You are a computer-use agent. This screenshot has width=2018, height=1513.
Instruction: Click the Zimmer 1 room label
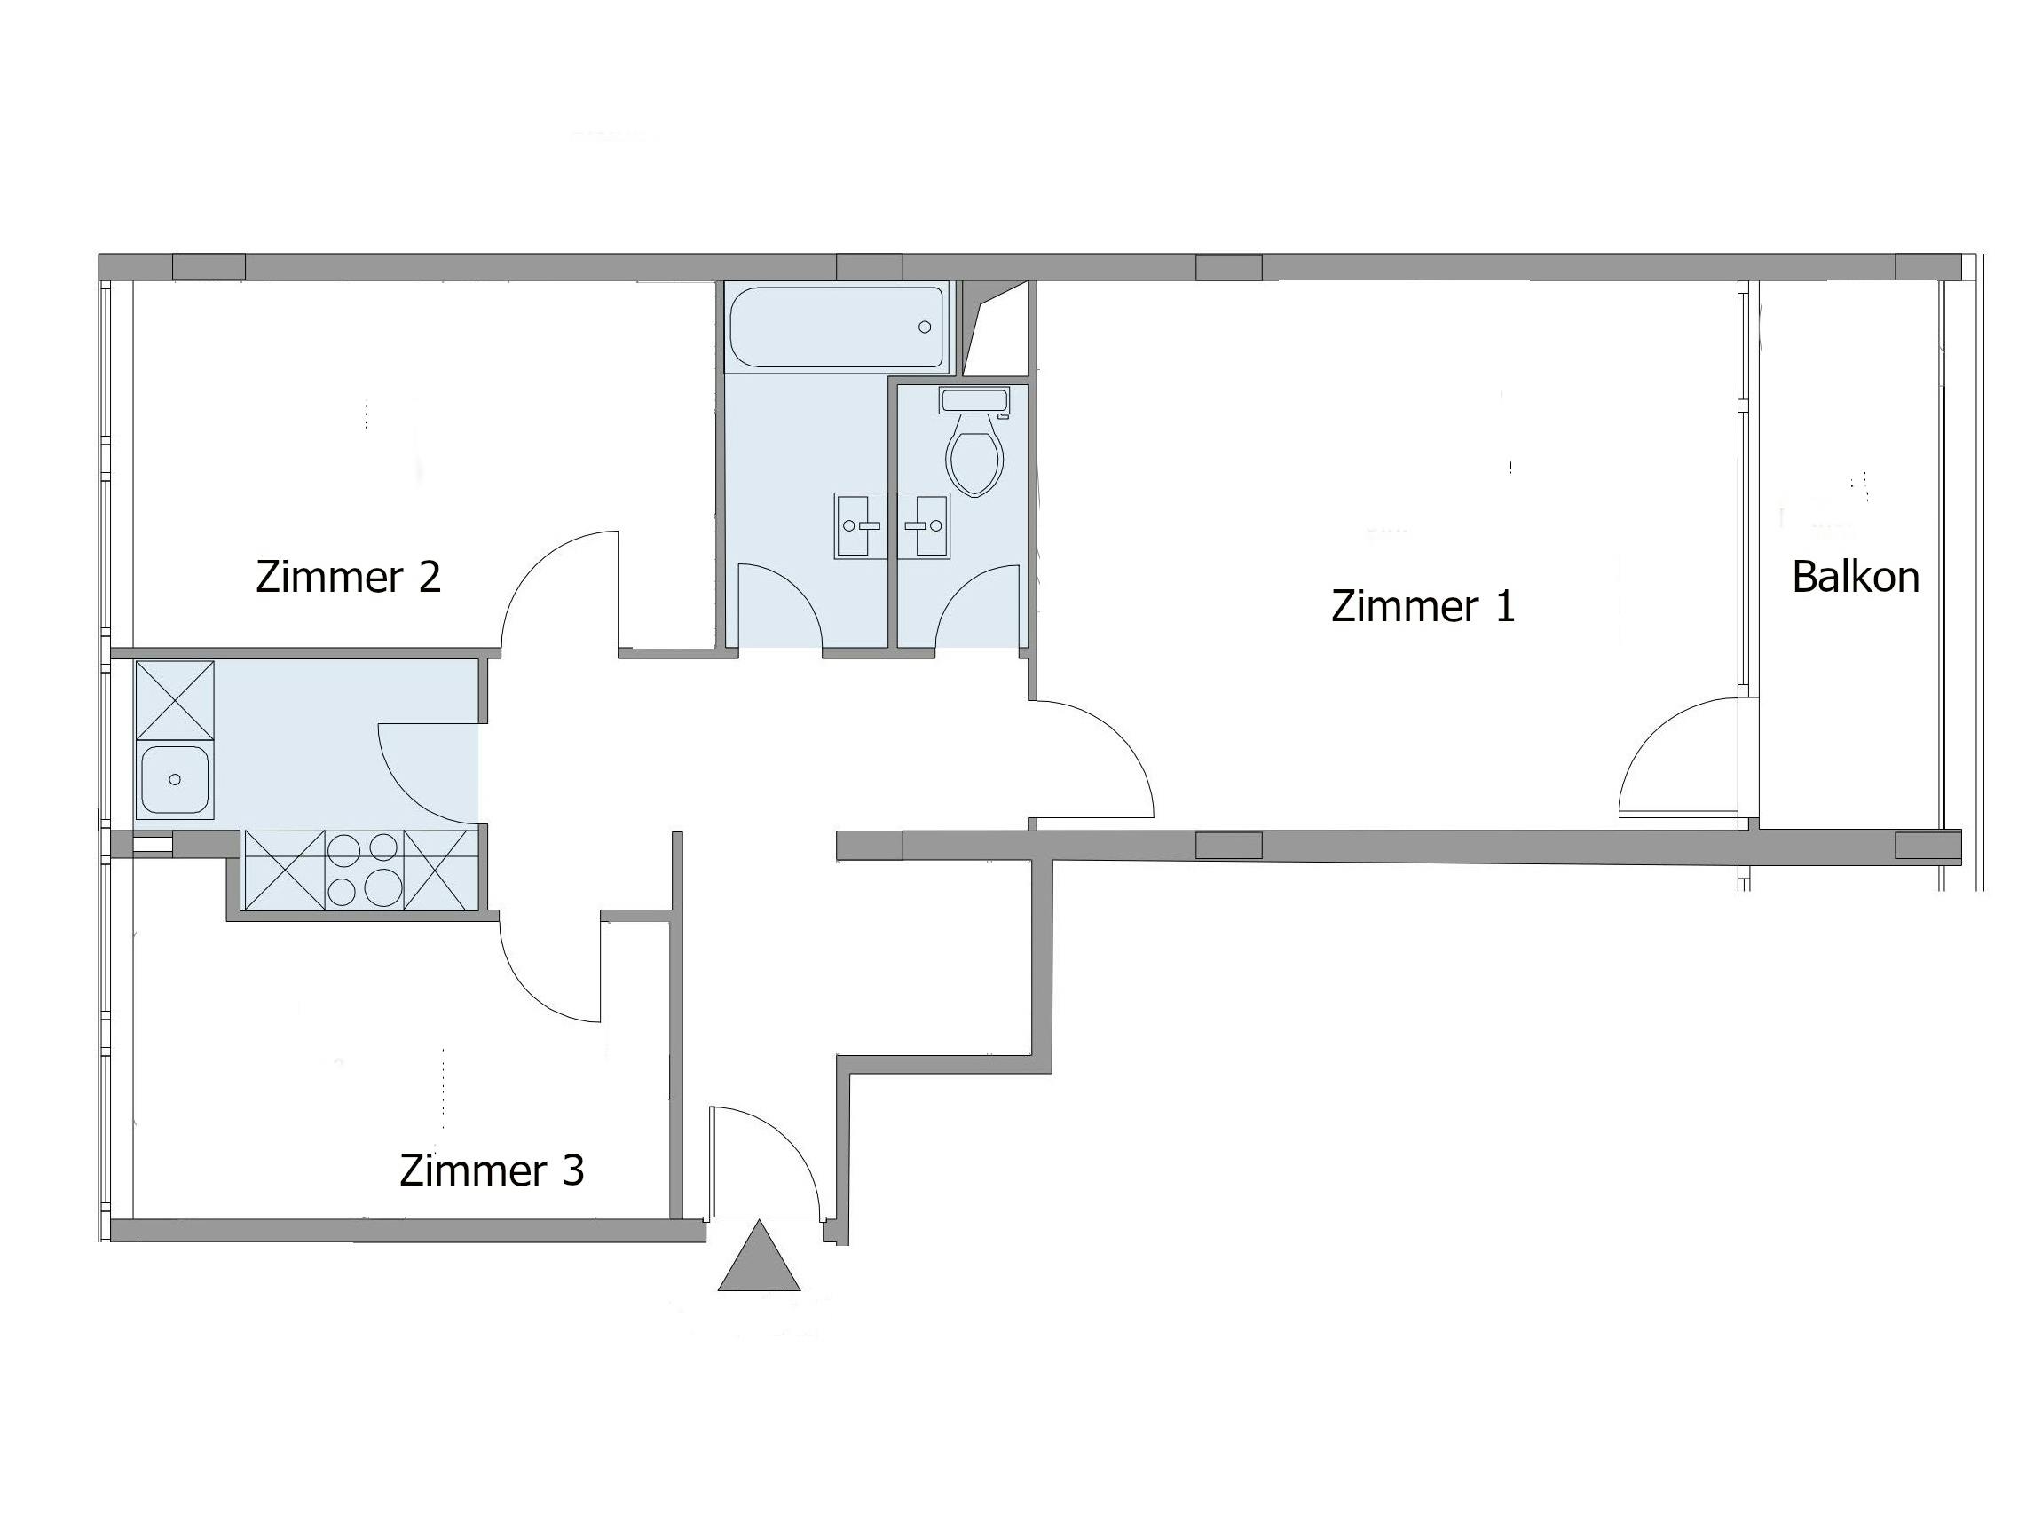pos(1423,606)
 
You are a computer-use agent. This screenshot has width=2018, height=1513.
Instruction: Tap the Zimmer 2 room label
pos(349,578)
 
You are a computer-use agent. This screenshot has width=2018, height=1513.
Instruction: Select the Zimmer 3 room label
pos(492,1170)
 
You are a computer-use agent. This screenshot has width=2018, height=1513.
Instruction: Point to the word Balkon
pos(1856,578)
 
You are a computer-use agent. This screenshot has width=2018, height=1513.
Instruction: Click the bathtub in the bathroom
pos(836,327)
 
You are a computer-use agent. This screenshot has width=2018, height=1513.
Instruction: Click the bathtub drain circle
pos(924,327)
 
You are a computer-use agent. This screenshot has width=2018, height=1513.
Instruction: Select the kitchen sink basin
pos(174,780)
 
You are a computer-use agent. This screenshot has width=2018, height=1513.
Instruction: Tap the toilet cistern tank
pos(974,401)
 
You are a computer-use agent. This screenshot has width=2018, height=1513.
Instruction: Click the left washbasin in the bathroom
pos(860,525)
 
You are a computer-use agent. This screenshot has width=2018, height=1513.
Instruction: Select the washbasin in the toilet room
pos(923,525)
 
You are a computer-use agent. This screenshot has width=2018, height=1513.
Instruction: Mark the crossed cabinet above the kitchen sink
pos(174,699)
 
